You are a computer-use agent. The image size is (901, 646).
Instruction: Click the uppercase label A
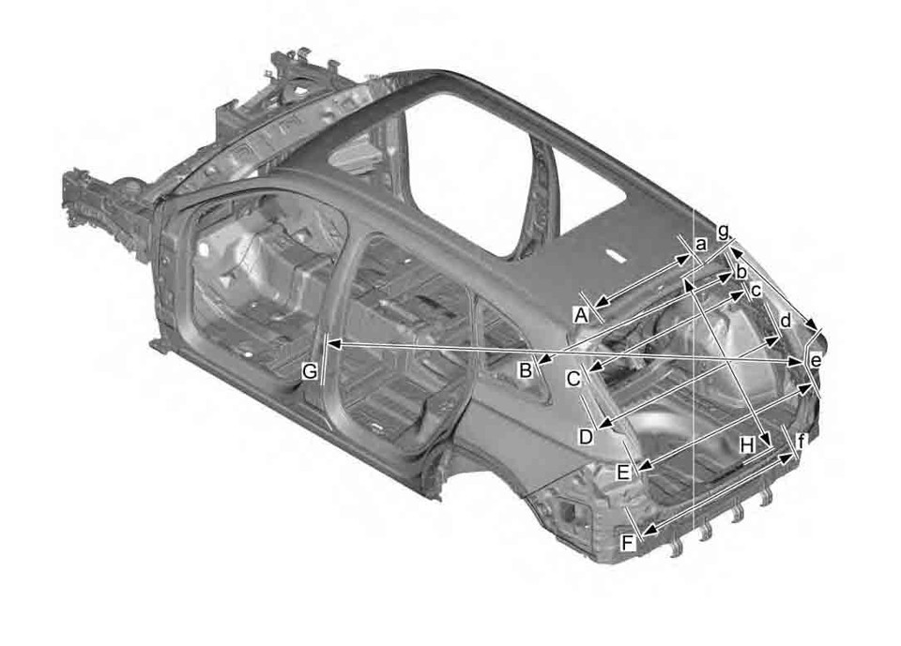pyautogui.click(x=581, y=314)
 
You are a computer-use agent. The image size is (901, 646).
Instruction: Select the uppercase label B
pyautogui.click(x=527, y=370)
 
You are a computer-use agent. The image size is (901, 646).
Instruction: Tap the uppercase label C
pyautogui.click(x=573, y=379)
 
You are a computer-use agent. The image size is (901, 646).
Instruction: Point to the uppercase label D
pyautogui.click(x=586, y=436)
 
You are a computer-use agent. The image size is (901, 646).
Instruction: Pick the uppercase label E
pyautogui.click(x=623, y=473)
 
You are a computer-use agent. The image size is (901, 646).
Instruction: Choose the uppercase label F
pyautogui.click(x=628, y=541)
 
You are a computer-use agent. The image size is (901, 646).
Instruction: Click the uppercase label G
pyautogui.click(x=310, y=372)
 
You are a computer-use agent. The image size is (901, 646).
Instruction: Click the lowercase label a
pyautogui.click(x=699, y=244)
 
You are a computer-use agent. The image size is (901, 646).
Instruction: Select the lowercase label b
pyautogui.click(x=741, y=273)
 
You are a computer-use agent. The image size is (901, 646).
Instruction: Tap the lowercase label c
pyautogui.click(x=756, y=292)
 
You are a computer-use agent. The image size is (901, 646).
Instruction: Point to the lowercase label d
pyautogui.click(x=785, y=321)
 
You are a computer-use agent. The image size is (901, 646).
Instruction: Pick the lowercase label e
pyautogui.click(x=815, y=360)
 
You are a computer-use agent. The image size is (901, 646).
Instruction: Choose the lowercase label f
pyautogui.click(x=801, y=441)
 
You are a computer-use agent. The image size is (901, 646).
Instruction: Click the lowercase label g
pyautogui.click(x=723, y=230)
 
